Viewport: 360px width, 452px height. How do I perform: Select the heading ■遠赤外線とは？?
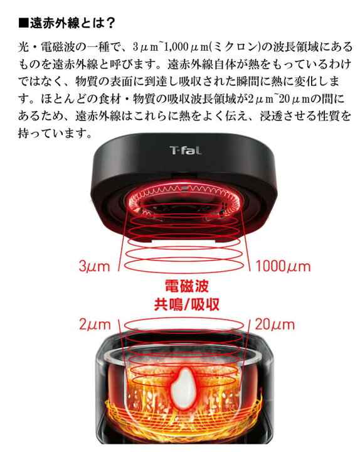click(66, 24)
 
